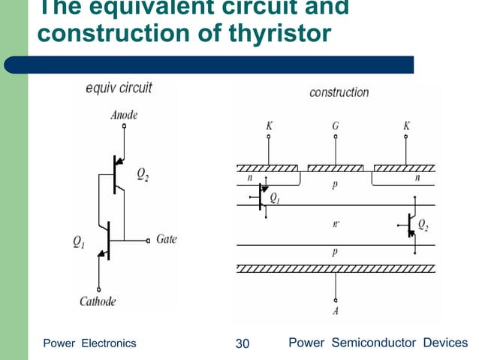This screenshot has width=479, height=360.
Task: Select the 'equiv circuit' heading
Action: pyautogui.click(x=119, y=88)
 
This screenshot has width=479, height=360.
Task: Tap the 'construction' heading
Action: pyautogui.click(x=339, y=92)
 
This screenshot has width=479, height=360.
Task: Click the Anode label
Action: pyautogui.click(x=124, y=116)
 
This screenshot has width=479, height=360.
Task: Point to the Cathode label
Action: pyautogui.click(x=99, y=301)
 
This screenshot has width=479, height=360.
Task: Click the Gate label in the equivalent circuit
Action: pyautogui.click(x=167, y=240)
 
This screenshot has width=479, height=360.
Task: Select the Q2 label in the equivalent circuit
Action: pyautogui.click(x=142, y=174)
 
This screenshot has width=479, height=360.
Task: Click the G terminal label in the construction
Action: pyautogui.click(x=336, y=126)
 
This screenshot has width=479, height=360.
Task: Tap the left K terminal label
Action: pyautogui.click(x=269, y=126)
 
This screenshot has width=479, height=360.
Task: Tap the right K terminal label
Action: pyautogui.click(x=406, y=126)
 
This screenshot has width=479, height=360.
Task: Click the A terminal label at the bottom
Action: pyautogui.click(x=336, y=310)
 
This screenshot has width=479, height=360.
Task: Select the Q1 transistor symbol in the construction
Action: pyautogui.click(x=260, y=198)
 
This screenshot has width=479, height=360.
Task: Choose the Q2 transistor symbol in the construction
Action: pyautogui.click(x=409, y=223)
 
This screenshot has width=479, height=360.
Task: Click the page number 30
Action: pyautogui.click(x=242, y=343)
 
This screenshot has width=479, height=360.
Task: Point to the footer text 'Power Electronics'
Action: pyautogui.click(x=89, y=343)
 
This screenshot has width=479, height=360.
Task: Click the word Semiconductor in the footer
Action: pyautogui.click(x=373, y=343)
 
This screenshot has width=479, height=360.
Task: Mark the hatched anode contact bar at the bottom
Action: pyautogui.click(x=335, y=268)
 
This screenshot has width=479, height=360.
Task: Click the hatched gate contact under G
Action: pyautogui.click(x=336, y=167)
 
